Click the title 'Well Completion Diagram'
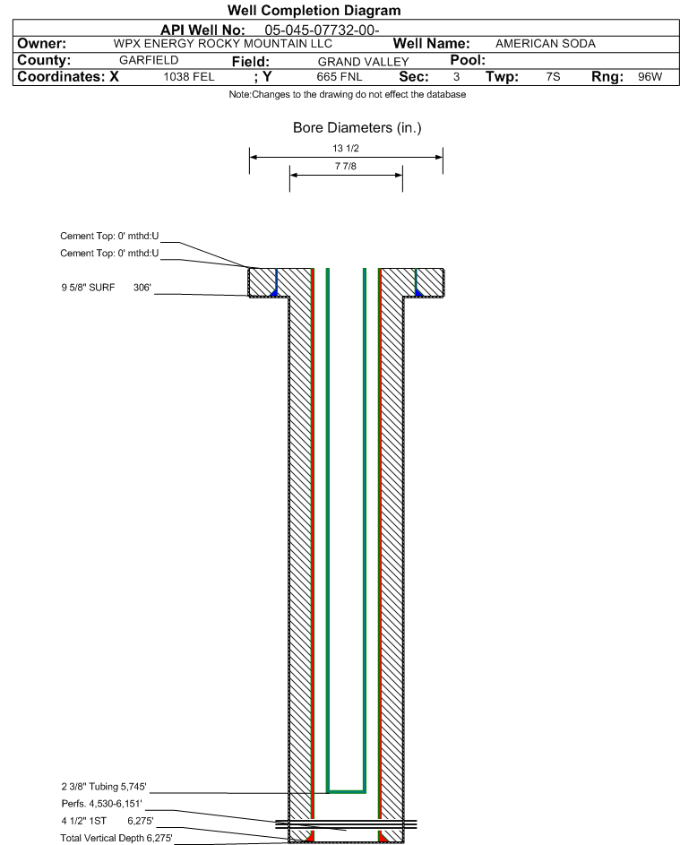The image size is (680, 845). [314, 10]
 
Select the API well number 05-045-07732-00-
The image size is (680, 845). [322, 30]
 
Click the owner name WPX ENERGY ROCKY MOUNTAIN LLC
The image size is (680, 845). [222, 44]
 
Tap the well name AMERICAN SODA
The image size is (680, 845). [546, 44]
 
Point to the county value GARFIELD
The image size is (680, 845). [149, 60]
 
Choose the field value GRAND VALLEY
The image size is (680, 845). [363, 62]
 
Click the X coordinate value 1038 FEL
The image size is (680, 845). [189, 76]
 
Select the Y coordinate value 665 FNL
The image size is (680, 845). [340, 76]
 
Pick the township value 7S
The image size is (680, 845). [553, 76]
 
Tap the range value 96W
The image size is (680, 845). [650, 76]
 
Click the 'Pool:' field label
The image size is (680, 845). [468, 60]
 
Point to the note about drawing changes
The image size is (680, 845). [348, 94]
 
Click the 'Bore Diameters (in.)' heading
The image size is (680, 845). [357, 128]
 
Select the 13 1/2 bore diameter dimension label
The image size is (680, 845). [346, 148]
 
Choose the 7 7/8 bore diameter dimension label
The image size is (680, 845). [346, 166]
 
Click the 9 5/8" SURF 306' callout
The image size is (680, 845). [106, 288]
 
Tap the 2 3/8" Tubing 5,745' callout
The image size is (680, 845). [104, 787]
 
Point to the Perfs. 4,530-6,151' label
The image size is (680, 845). [102, 804]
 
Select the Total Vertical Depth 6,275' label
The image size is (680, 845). [116, 838]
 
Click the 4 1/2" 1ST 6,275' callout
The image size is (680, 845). [108, 821]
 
